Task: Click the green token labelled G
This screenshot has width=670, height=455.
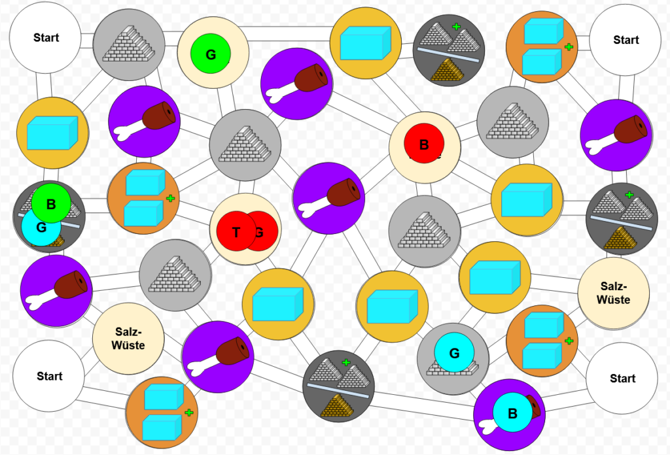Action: [211, 55]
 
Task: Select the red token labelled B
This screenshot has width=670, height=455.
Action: [424, 144]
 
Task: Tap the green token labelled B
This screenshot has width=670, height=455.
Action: [51, 203]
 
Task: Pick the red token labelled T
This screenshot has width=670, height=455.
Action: [236, 232]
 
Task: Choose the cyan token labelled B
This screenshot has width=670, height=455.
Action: [512, 413]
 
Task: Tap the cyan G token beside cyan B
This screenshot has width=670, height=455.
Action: [455, 354]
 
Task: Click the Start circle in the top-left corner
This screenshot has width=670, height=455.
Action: [46, 38]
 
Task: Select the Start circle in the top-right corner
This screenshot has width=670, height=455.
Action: [626, 40]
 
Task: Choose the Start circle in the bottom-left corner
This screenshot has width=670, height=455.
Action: [49, 376]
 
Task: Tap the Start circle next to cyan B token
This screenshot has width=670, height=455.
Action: [622, 379]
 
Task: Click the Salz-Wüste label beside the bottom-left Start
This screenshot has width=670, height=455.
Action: [128, 337]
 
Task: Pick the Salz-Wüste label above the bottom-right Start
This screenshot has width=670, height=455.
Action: [614, 293]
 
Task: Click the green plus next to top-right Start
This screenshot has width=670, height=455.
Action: [569, 47]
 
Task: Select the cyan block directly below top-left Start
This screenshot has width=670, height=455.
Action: [52, 133]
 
